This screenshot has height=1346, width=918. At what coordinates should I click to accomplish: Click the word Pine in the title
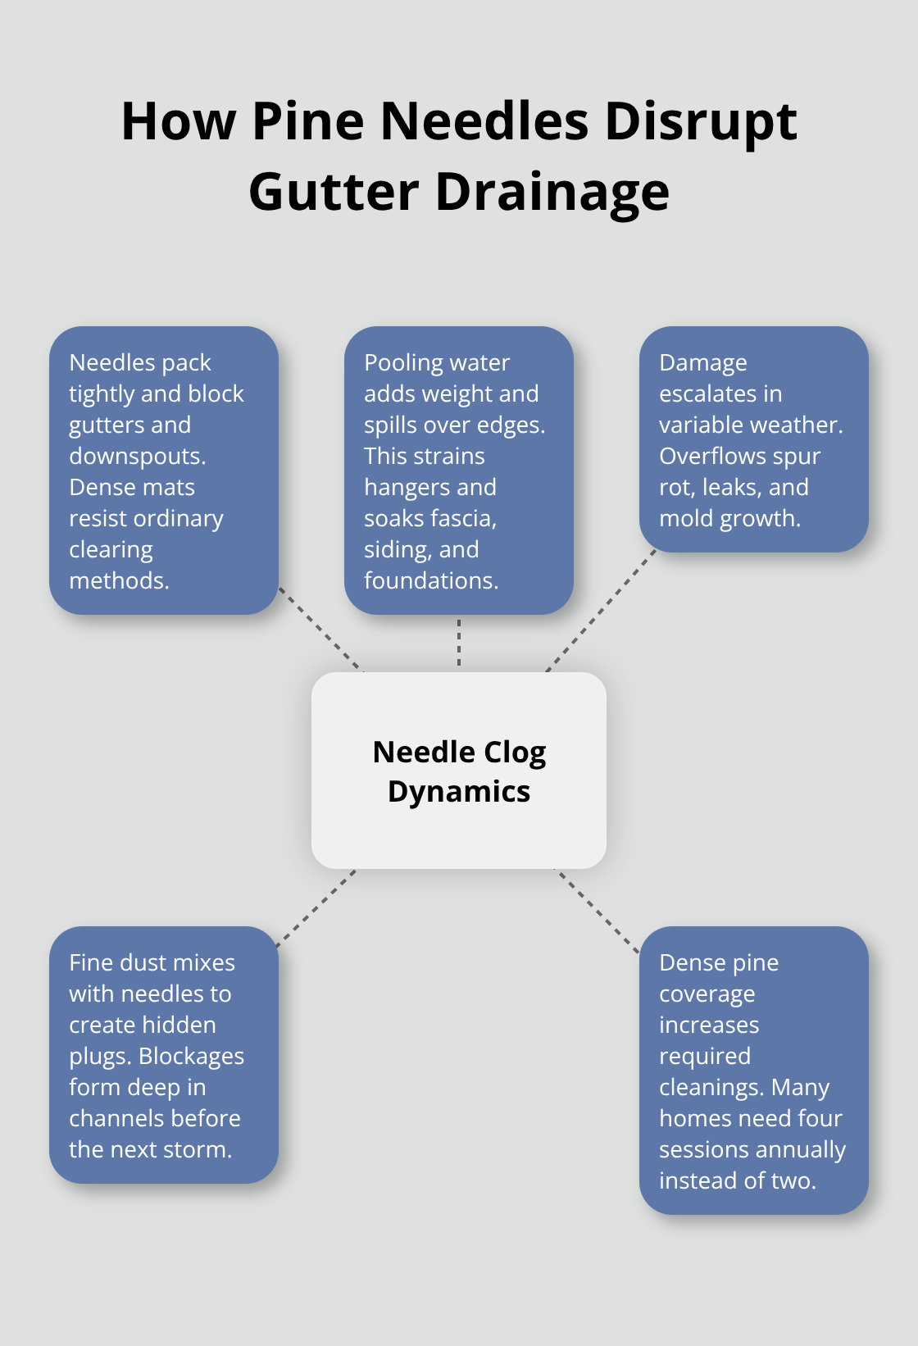click(308, 121)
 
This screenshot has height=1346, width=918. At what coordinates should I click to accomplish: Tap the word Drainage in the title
click(552, 193)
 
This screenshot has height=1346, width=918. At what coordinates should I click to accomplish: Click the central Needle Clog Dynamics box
click(458, 771)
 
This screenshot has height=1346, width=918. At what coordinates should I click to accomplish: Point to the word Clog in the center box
click(515, 753)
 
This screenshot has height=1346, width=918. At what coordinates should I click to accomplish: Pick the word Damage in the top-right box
click(703, 363)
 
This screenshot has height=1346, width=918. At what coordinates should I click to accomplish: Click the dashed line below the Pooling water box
click(459, 643)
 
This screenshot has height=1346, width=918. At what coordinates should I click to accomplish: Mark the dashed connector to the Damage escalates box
click(601, 611)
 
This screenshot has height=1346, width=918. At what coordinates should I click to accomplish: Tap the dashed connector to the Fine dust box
click(316, 908)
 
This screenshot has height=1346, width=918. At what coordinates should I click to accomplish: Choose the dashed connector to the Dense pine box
click(598, 912)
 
